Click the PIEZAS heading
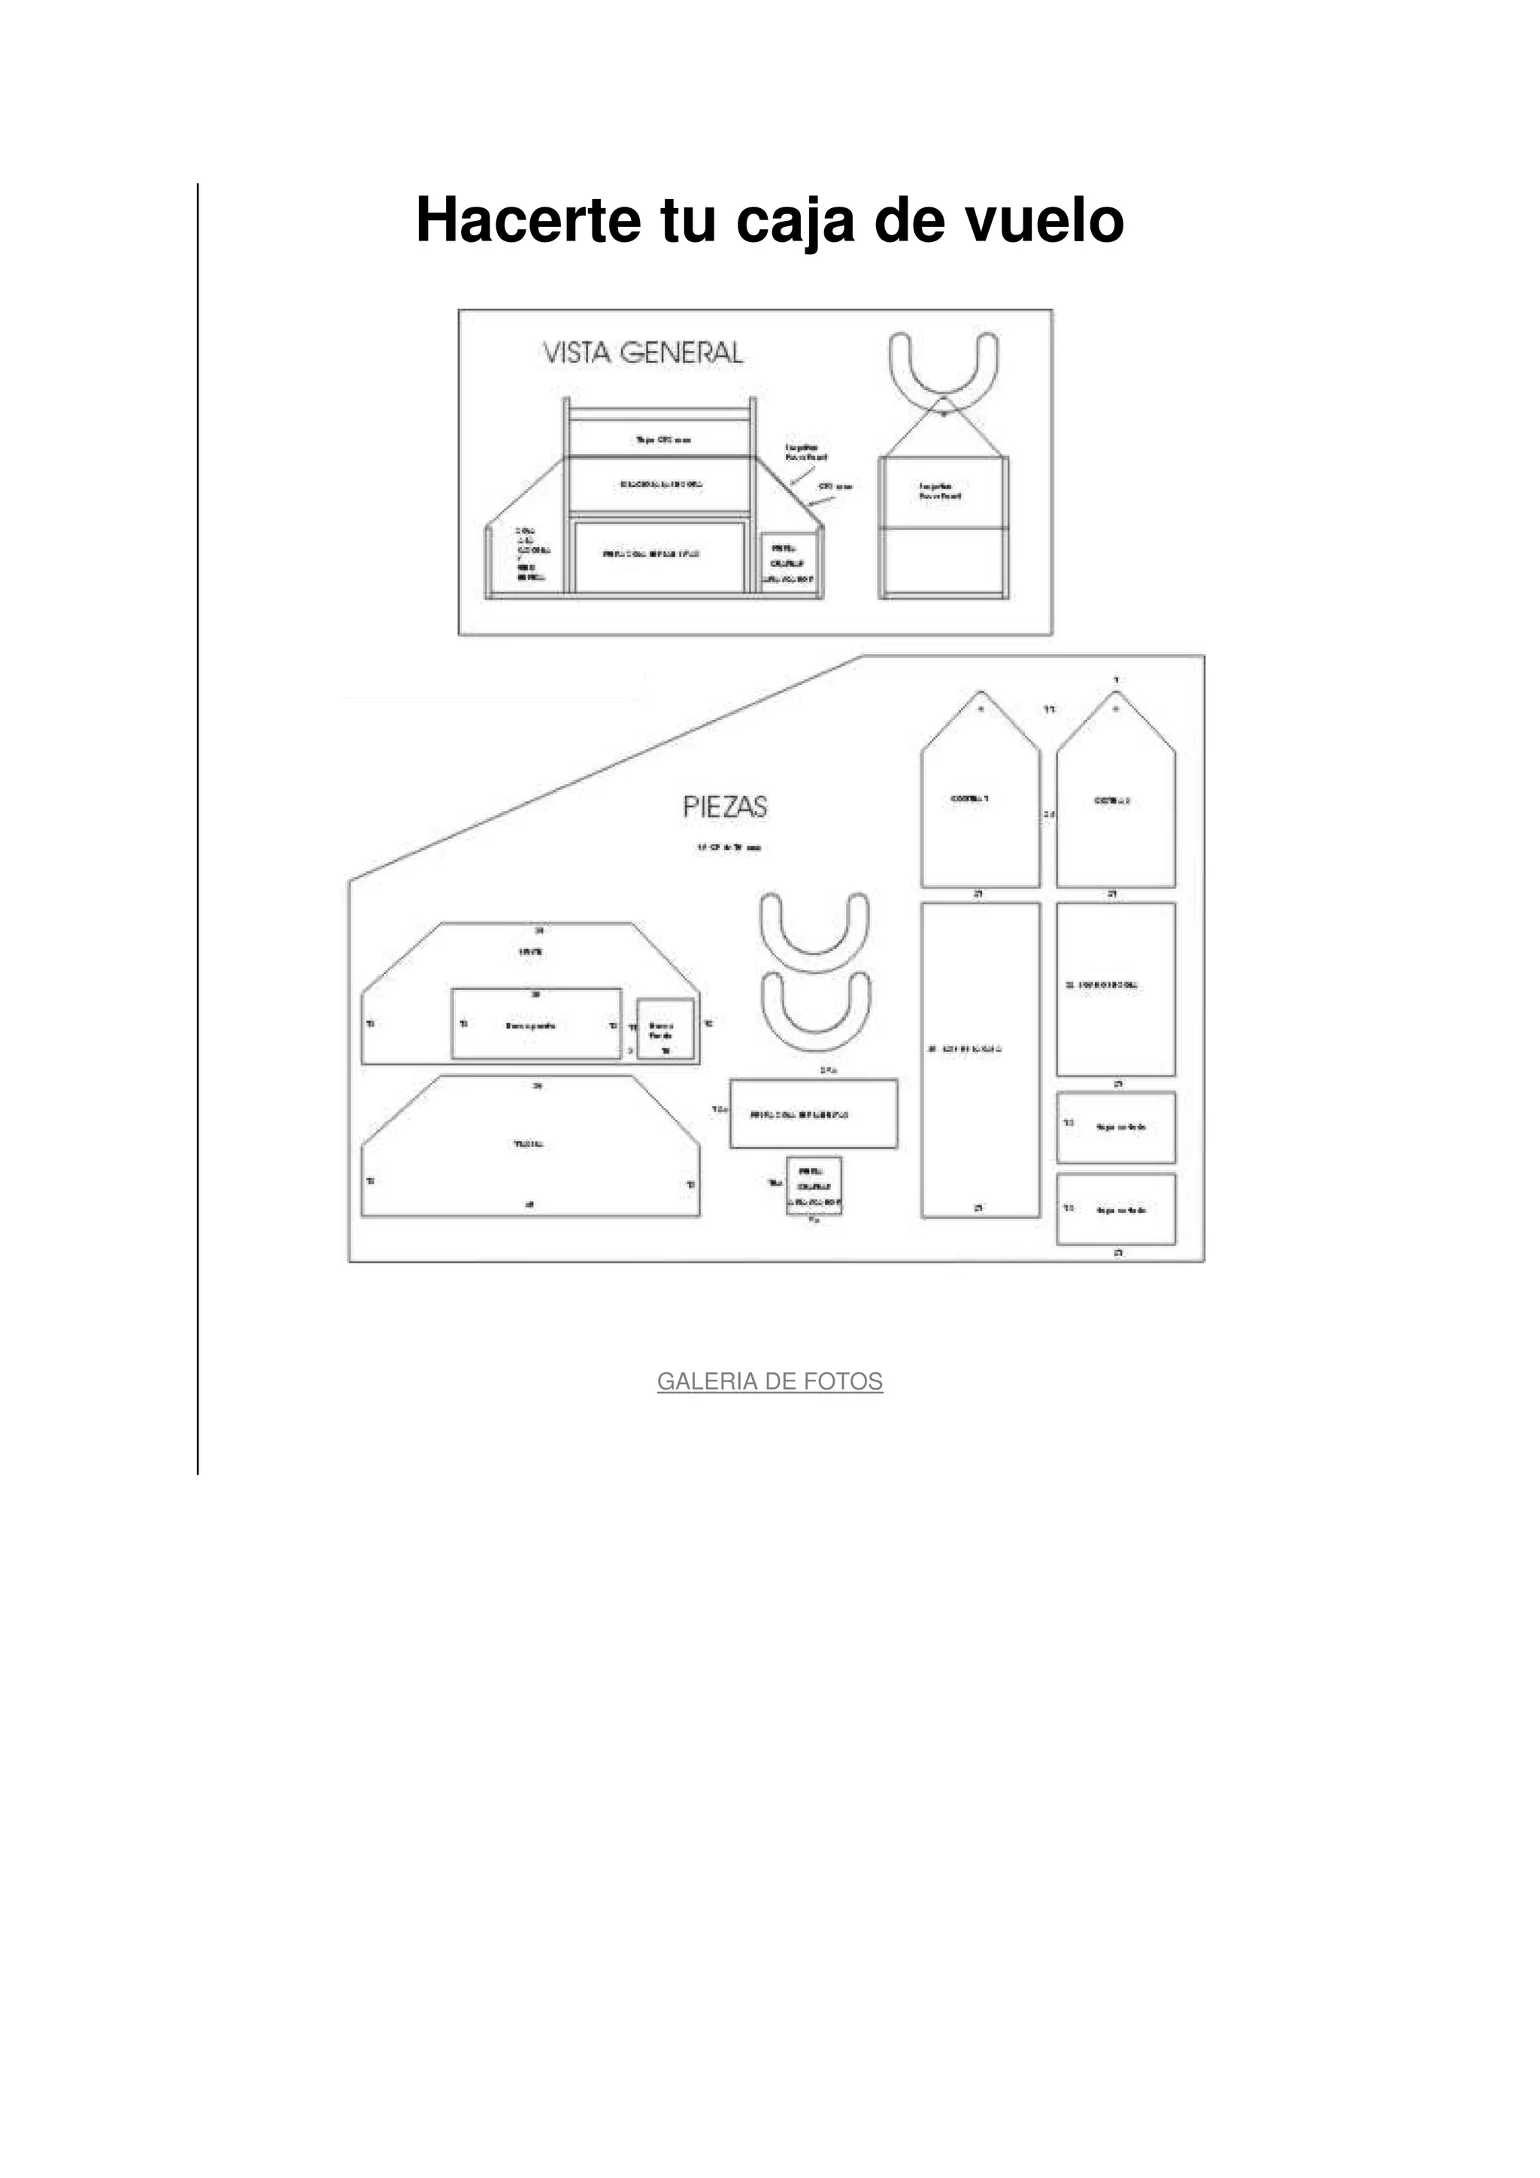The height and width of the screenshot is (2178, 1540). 725,807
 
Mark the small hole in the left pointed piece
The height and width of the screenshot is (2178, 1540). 981,709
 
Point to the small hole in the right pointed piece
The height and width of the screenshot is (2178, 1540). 1116,709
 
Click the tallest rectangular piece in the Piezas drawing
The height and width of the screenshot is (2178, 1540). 981,1060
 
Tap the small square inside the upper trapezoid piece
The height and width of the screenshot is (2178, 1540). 664,1028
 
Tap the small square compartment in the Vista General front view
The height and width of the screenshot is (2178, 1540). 790,561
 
